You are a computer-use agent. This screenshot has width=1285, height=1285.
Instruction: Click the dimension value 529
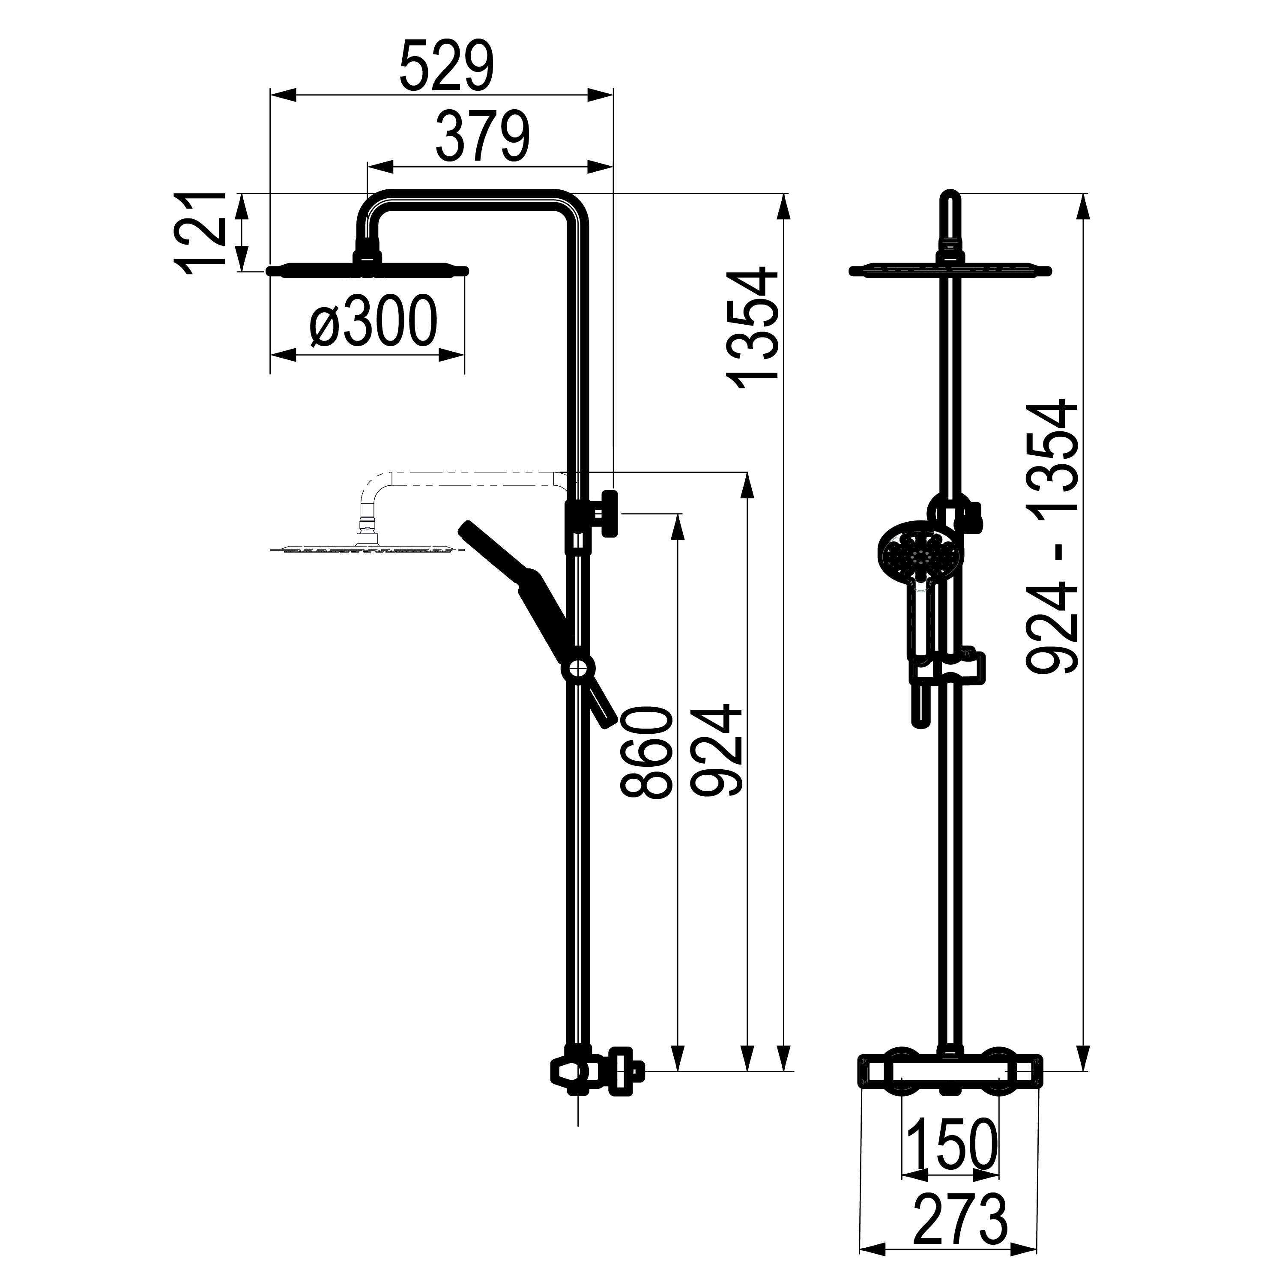[447, 66]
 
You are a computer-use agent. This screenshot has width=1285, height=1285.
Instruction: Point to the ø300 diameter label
[374, 321]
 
